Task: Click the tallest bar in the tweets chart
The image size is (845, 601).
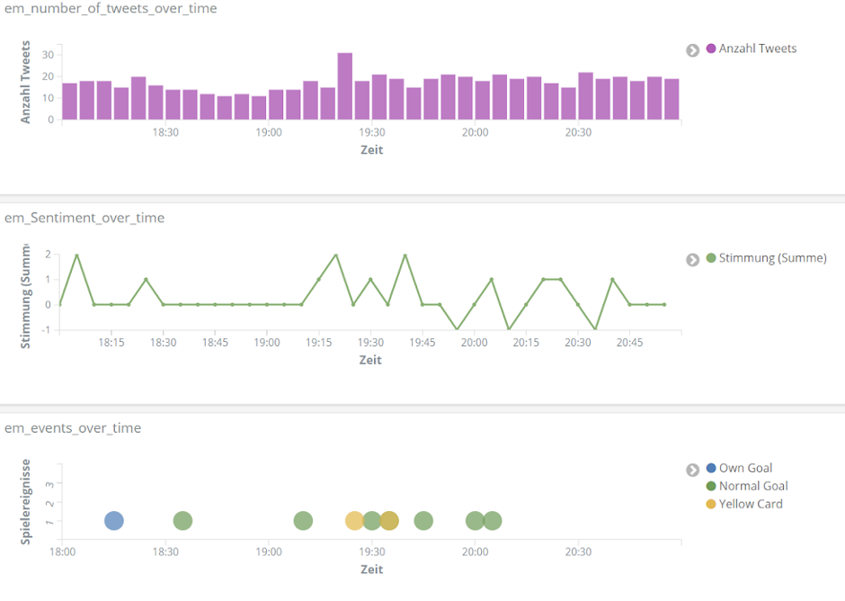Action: [x=344, y=86]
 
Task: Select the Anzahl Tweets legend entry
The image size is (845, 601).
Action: [x=757, y=49]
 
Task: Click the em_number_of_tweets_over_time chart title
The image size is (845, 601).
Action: [x=111, y=8]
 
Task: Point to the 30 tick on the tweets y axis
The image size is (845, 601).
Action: [x=48, y=54]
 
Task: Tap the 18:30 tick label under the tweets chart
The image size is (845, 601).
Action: [x=165, y=133]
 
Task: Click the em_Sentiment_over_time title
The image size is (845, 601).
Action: [x=84, y=218]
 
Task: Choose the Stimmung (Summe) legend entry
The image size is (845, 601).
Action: [x=771, y=258]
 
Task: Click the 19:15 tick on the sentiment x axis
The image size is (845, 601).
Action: [x=319, y=343]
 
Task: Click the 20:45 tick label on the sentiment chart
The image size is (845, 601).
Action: [x=629, y=343]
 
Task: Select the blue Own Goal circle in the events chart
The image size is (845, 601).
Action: [x=113, y=521]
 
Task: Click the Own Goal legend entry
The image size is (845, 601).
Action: [x=745, y=468]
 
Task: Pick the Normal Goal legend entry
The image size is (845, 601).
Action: [x=752, y=486]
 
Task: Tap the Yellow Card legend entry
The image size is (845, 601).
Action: [x=750, y=504]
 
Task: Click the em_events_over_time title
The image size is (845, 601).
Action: [x=73, y=428]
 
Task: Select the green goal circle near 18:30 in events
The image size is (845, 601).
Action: [x=182, y=521]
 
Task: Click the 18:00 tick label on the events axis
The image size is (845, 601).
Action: [x=62, y=552]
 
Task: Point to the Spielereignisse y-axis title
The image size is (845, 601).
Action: [x=26, y=501]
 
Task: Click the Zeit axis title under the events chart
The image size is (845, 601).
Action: [x=371, y=570]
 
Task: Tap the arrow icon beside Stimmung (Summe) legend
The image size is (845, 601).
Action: [x=692, y=259]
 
